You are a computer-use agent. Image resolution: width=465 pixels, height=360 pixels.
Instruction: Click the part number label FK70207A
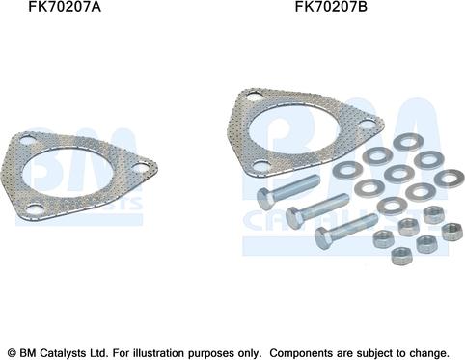[65, 7]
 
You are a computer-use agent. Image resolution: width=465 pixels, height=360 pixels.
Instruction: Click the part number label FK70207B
[331, 7]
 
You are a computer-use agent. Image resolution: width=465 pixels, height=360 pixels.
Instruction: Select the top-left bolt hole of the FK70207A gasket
[28, 141]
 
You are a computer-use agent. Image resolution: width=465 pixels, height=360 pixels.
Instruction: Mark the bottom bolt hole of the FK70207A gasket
[35, 209]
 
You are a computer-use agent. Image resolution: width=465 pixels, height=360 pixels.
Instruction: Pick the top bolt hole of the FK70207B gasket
[255, 96]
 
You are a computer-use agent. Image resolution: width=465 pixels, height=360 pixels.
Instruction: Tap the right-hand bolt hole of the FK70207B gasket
[367, 125]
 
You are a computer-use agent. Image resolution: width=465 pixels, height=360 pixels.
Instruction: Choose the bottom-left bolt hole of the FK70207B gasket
[261, 166]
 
